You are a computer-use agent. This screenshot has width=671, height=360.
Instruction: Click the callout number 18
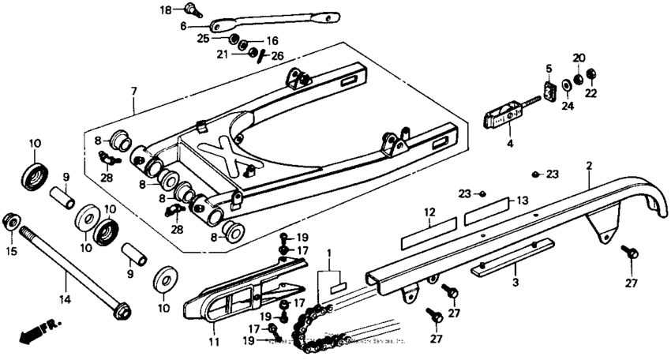click(165, 9)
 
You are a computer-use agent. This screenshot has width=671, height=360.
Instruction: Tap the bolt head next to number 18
click(189, 9)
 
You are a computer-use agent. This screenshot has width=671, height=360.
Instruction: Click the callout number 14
click(65, 299)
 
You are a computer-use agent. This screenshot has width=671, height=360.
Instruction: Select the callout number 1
click(329, 253)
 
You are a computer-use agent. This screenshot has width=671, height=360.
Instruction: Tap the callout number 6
click(183, 25)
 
